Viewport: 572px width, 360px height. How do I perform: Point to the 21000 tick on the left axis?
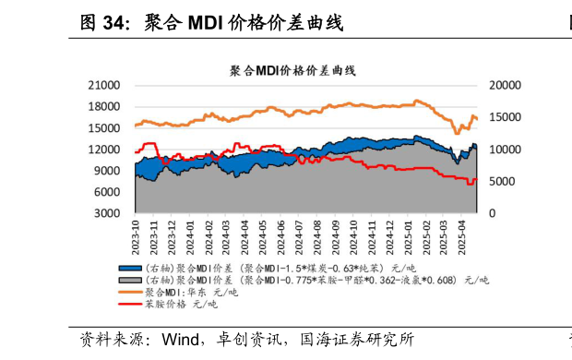(x=109, y=85)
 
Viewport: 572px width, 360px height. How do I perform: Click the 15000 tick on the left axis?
(x=109, y=127)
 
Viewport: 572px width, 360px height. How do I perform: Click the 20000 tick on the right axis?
(x=505, y=85)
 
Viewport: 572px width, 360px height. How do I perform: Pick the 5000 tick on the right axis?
(x=501, y=182)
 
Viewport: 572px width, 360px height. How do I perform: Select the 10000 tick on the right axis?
(x=505, y=150)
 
